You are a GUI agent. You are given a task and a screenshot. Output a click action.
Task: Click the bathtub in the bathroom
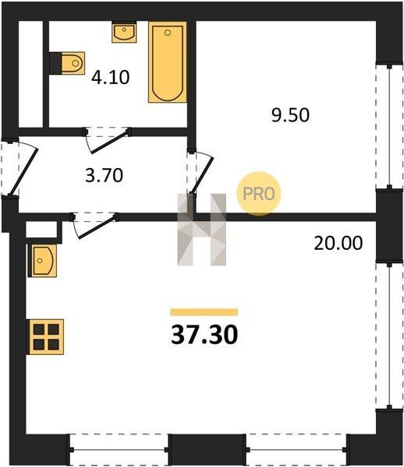point(168,62)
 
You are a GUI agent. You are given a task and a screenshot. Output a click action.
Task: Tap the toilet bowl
point(73,63)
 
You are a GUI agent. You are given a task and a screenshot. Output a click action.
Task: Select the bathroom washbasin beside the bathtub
point(124,32)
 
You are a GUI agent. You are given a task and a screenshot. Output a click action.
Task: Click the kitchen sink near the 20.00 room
point(42,261)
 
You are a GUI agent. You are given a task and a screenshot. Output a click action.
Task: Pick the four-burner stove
point(46,337)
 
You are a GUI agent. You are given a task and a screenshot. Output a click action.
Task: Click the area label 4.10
point(111,77)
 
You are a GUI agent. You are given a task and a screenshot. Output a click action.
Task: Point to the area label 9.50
point(290,115)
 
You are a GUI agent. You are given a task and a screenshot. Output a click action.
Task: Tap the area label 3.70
point(104,175)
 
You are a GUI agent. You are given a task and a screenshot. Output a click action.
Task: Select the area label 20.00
point(338,243)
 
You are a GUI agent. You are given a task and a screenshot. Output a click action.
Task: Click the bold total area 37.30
point(204,335)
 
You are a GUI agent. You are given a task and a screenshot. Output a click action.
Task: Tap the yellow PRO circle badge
point(259,194)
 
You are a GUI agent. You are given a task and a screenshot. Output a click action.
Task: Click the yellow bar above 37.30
point(204,312)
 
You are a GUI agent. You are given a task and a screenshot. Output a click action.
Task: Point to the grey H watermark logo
point(202,230)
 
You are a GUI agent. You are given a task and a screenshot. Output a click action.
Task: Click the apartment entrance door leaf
point(23,172)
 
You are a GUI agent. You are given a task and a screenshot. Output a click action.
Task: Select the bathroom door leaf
point(110,142)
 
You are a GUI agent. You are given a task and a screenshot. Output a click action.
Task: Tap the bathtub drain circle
point(168,33)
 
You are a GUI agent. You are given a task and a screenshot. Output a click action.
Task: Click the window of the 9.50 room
point(389,127)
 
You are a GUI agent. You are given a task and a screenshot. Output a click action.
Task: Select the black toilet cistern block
point(55,63)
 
